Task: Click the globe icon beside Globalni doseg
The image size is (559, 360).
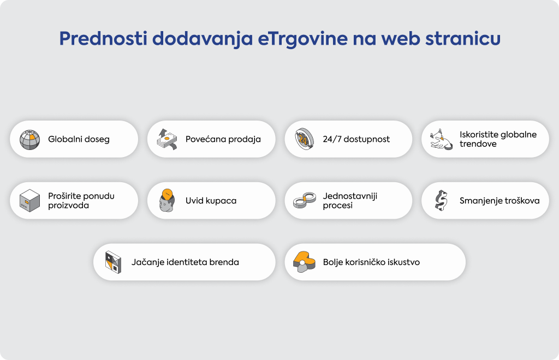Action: pyautogui.click(x=29, y=140)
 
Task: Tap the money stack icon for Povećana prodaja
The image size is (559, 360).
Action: pyautogui.click(x=167, y=139)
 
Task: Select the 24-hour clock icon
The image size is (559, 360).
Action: pyautogui.click(x=305, y=139)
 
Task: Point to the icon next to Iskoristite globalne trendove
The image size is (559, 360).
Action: pyautogui.click(x=441, y=139)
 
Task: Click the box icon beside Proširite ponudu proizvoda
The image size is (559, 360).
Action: pyautogui.click(x=29, y=201)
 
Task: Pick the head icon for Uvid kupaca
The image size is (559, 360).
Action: pyautogui.click(x=167, y=201)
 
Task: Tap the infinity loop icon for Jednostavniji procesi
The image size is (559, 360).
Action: pyautogui.click(x=305, y=201)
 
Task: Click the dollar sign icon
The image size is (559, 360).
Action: pyautogui.click(x=441, y=201)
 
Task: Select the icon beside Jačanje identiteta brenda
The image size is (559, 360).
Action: pyautogui.click(x=114, y=262)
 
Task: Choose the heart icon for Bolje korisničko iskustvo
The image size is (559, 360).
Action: pyautogui.click(x=304, y=262)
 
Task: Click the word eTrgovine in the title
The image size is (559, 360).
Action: pyautogui.click(x=302, y=39)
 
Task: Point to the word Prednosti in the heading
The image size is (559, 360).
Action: pyautogui.click(x=103, y=39)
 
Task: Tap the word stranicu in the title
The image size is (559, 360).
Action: pyautogui.click(x=463, y=39)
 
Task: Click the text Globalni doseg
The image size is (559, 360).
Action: pyautogui.click(x=79, y=139)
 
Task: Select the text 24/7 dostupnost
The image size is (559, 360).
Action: pyautogui.click(x=356, y=139)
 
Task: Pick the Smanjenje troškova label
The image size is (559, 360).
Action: pyautogui.click(x=499, y=201)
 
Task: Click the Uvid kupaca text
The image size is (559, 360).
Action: pyautogui.click(x=211, y=201)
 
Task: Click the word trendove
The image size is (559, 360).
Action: pyautogui.click(x=478, y=144)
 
